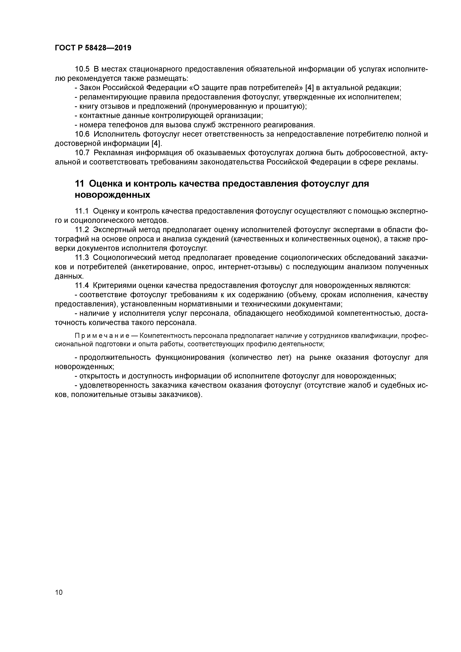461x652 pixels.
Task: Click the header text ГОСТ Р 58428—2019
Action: (x=93, y=48)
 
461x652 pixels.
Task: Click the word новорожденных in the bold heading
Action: (x=112, y=195)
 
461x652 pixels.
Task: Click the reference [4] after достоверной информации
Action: (x=156, y=143)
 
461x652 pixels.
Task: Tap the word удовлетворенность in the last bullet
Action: (x=113, y=385)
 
